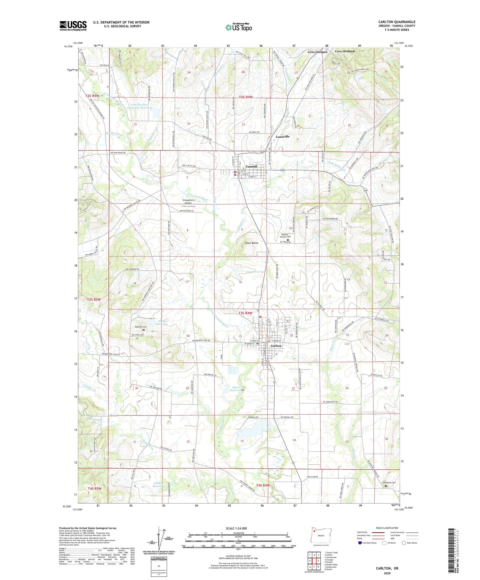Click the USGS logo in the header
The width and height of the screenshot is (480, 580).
(73, 26)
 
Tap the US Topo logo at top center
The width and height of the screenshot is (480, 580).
(238, 27)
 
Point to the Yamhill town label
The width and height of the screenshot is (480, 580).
(251, 167)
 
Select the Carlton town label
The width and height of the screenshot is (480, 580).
(276, 346)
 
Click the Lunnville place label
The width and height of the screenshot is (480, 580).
(283, 137)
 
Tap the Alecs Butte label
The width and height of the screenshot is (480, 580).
(252, 243)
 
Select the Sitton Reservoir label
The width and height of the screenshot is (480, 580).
(236, 389)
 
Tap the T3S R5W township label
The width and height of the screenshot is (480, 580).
(94, 299)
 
